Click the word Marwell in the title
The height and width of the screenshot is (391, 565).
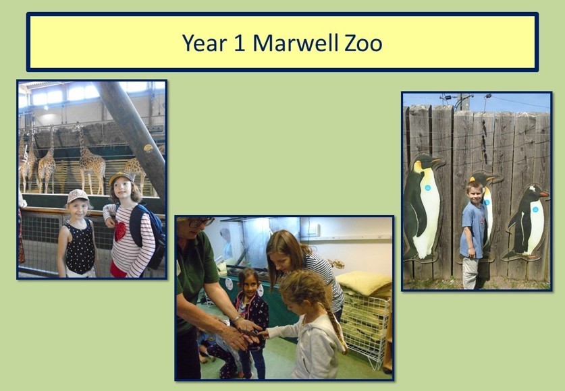296,42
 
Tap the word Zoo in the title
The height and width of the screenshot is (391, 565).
363,42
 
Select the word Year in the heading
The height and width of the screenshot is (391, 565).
205,42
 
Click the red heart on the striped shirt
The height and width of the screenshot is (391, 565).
120,231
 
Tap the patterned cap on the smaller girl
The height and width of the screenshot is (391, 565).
77,195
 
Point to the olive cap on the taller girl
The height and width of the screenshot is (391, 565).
121,177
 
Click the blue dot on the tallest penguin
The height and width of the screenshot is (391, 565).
427,187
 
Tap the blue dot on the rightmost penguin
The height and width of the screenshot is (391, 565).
535,210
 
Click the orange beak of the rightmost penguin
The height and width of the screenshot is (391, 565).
545,194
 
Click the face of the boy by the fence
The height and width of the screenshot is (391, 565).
475,194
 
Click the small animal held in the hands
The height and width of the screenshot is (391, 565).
248,333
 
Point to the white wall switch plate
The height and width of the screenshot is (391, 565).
313,229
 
